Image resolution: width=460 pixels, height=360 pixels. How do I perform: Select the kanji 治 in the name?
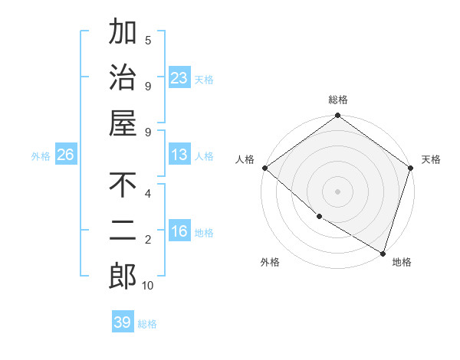(123, 77)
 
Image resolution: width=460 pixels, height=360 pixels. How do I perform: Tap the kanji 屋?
(123, 123)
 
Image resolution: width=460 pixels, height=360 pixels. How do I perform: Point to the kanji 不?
(123, 186)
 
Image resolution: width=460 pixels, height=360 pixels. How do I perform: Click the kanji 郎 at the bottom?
(123, 277)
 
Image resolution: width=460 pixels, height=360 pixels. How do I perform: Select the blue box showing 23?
(179, 78)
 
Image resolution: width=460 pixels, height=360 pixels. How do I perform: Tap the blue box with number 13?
(179, 155)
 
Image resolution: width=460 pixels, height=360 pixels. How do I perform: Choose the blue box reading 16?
(179, 231)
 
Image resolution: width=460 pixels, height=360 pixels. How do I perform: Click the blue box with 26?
(65, 155)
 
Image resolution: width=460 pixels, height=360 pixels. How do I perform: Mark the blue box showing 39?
(123, 322)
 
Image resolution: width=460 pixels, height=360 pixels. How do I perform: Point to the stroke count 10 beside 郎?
(148, 286)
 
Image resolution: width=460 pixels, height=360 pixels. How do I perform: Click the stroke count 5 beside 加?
(148, 40)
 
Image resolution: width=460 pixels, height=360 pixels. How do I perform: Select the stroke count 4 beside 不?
(148, 193)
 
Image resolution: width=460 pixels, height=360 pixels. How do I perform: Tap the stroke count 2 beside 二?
(148, 241)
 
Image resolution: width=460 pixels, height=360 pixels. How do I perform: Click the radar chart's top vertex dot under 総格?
(337, 116)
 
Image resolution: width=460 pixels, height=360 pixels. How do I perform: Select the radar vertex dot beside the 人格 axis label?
(264, 168)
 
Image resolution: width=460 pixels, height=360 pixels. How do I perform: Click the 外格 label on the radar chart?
(270, 262)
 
